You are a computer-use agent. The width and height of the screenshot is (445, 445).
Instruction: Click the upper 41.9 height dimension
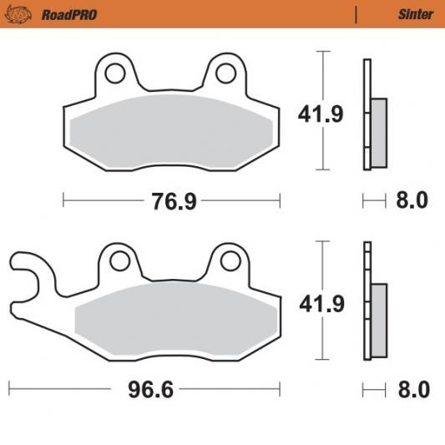coord(321,114)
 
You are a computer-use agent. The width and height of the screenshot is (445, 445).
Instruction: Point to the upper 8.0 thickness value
coord(412,201)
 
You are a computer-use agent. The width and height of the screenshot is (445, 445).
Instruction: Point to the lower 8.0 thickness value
coord(412,390)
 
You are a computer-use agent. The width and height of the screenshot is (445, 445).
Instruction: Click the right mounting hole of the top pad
coord(225,73)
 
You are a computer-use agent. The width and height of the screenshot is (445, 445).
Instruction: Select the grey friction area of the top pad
coord(170,129)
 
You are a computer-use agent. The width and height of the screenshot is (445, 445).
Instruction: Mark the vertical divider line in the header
coord(357,14)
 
